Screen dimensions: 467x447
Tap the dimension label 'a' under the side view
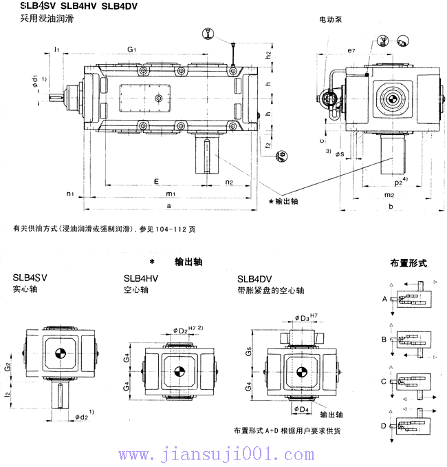coord(169,206)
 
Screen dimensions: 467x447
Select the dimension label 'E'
coord(157,181)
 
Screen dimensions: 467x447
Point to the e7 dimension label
coord(351,51)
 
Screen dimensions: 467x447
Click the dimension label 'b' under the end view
coord(390,206)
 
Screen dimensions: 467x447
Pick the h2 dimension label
coord(269,54)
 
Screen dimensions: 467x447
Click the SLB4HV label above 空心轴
coord(141,278)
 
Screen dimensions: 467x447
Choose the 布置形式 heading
coord(408,263)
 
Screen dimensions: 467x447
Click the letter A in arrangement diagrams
coord(384,300)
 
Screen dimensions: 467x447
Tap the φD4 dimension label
coord(301,409)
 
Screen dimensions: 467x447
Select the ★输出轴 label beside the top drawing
coord(284,201)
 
